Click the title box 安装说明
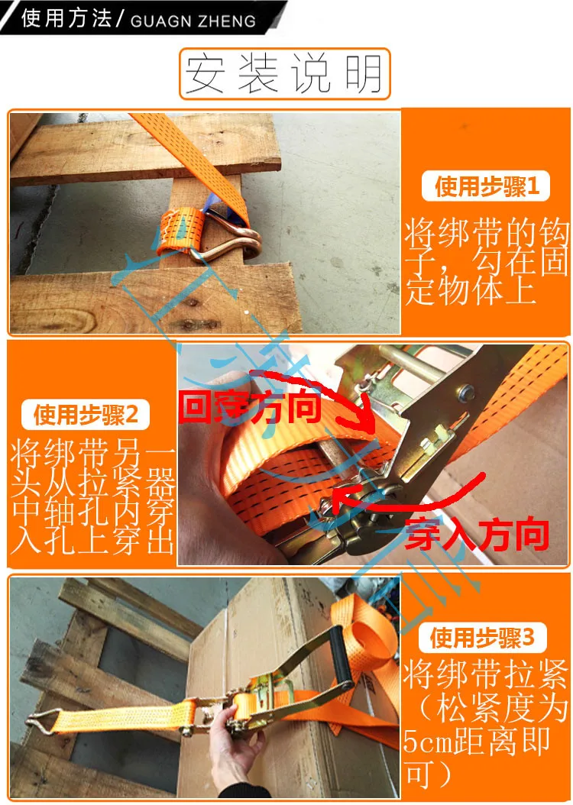coord(285,74)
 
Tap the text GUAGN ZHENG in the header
coord(193,21)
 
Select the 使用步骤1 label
coord(486,186)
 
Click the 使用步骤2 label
coord(86,415)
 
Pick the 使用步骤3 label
coord(482,639)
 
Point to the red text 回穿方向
coord(250,406)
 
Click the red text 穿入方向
coord(477,534)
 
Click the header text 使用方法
coord(66,18)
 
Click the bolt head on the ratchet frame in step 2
coord(466,392)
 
